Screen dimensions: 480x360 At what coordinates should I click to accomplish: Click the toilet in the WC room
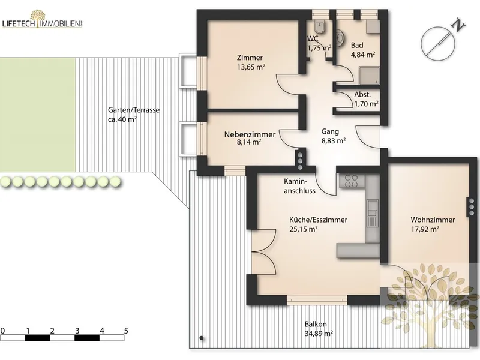pyautogui.click(x=321, y=26)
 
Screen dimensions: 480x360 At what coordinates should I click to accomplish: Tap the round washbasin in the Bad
pyautogui.click(x=340, y=38)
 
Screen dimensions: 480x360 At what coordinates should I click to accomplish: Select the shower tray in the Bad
pyautogui.click(x=370, y=76)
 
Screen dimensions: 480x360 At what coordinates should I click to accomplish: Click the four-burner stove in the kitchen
pyautogui.click(x=351, y=181)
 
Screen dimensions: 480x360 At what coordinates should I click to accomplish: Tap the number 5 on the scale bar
pyautogui.click(x=126, y=331)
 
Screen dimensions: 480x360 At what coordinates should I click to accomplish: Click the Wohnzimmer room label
pyautogui.click(x=433, y=220)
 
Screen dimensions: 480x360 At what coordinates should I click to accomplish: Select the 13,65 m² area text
pyautogui.click(x=251, y=67)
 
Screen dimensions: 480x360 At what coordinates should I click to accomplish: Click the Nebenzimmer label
pyautogui.click(x=250, y=134)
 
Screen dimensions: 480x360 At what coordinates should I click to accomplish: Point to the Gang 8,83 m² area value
pyautogui.click(x=334, y=141)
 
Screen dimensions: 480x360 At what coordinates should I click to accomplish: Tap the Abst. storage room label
pyautogui.click(x=362, y=95)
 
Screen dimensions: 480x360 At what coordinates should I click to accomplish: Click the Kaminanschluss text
pyautogui.click(x=299, y=186)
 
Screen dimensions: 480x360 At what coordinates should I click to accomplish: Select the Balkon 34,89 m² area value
pyautogui.click(x=319, y=334)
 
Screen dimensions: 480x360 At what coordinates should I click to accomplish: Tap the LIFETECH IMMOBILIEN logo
pyautogui.click(x=42, y=19)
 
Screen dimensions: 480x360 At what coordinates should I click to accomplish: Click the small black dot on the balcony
pyautogui.click(x=202, y=338)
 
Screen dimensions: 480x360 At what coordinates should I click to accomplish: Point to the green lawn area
pyautogui.click(x=38, y=115)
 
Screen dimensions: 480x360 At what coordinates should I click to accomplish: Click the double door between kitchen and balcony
pyautogui.click(x=264, y=252)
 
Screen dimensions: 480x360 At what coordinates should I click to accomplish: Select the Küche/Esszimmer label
pyautogui.click(x=319, y=220)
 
